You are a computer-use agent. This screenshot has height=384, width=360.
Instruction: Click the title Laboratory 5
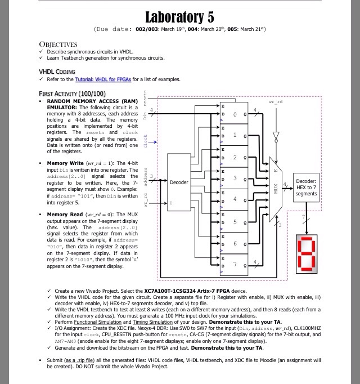click(179, 17)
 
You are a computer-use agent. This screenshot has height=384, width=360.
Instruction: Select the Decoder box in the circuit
click(179, 182)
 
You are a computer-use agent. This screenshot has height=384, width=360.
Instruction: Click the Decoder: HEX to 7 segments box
click(306, 187)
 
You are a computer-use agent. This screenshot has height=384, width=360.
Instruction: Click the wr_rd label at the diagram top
click(276, 102)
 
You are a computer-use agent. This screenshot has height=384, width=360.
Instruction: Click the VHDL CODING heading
click(56, 72)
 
